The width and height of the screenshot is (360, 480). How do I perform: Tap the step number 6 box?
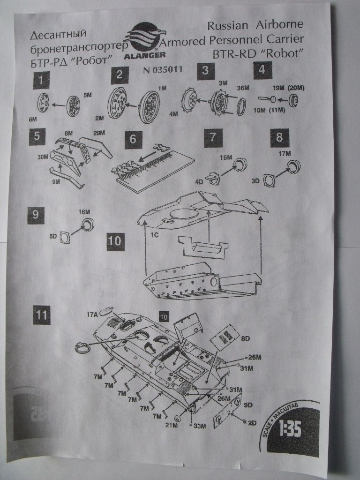click(133, 139)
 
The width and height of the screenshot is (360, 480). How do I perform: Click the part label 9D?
click(248, 404)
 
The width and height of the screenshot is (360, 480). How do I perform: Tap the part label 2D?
click(252, 423)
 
